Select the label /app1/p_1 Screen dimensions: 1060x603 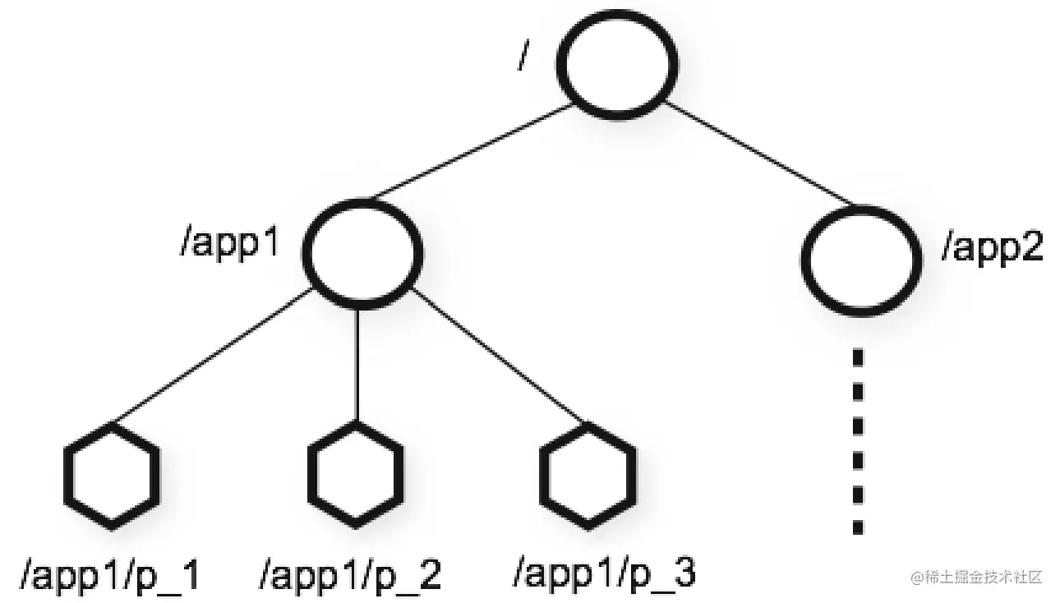tap(110, 575)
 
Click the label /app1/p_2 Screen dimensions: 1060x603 tap(350, 575)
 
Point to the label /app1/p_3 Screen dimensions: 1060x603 tap(604, 573)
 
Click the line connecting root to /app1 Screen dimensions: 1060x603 tap(472, 151)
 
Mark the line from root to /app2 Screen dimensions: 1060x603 tap(760, 154)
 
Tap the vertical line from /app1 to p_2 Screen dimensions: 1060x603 tap(357, 364)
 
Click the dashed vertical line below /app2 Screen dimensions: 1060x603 tap(858, 441)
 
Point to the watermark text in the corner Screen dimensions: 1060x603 tap(977, 578)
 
